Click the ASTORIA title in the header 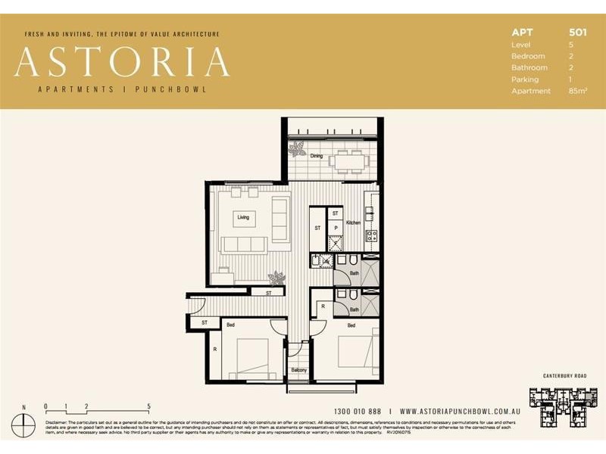pyautogui.click(x=122, y=62)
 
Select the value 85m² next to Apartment pyautogui.click(x=577, y=91)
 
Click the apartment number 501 pyautogui.click(x=577, y=33)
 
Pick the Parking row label pyautogui.click(x=525, y=79)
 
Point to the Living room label pyautogui.click(x=243, y=217)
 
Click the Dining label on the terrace pyautogui.click(x=316, y=157)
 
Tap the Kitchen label pyautogui.click(x=354, y=223)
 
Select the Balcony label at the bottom pyautogui.click(x=299, y=370)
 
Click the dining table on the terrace pyautogui.click(x=349, y=160)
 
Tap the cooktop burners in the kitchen pyautogui.click(x=372, y=236)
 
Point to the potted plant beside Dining pyautogui.click(x=298, y=149)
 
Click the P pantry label pyautogui.click(x=335, y=228)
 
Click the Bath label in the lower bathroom pyautogui.click(x=354, y=309)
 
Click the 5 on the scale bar pyautogui.click(x=149, y=406)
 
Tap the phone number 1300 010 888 pyautogui.click(x=357, y=411)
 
